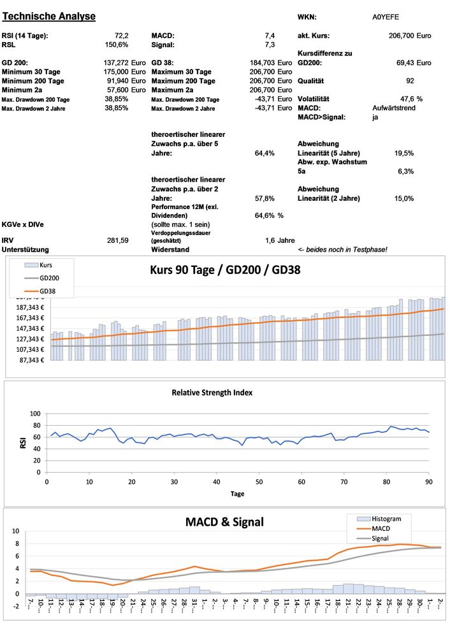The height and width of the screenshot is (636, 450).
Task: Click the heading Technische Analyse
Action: tap(49, 16)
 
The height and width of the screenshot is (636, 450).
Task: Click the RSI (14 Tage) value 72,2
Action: tap(121, 36)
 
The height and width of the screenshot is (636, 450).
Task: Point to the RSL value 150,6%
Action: tap(117, 45)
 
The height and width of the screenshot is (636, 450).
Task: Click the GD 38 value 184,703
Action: tap(264, 63)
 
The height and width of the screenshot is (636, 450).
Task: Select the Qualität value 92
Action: tap(409, 81)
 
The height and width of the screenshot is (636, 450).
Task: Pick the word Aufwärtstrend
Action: tap(393, 108)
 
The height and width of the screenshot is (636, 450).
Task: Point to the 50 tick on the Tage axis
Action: tap(258, 482)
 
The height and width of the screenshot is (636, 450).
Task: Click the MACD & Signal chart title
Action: tap(224, 523)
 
